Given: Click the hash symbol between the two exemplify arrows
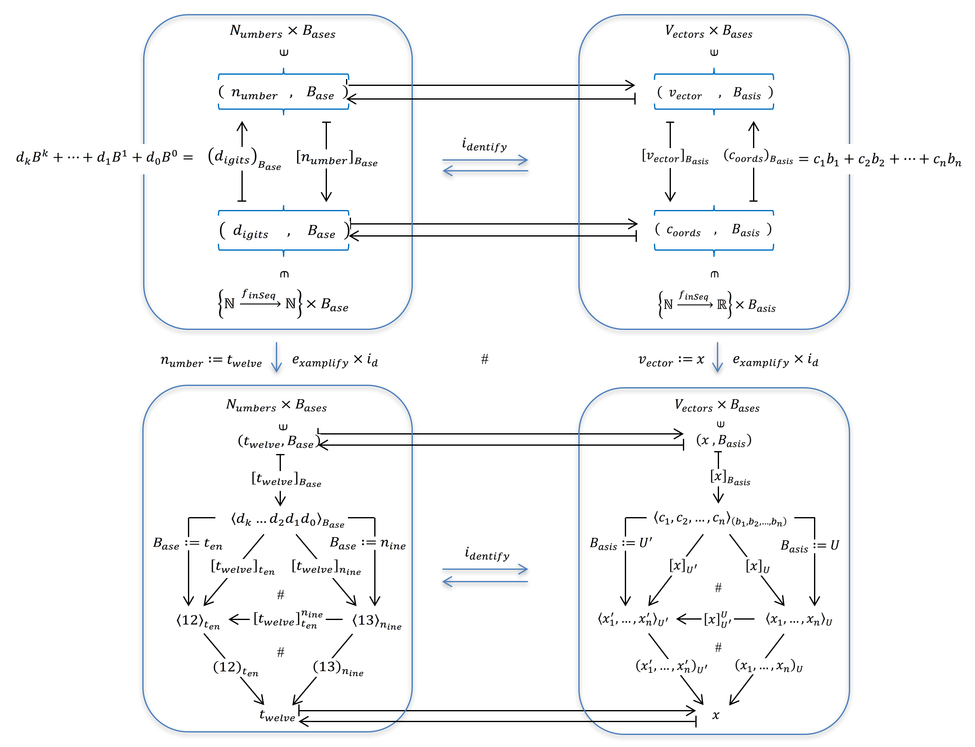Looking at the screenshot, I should point(485,359).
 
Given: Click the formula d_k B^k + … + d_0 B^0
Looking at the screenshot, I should point(104,157).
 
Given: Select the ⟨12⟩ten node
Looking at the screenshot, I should point(198,621).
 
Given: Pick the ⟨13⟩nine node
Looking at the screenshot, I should point(377,621).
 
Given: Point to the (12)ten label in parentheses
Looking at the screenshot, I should point(235,667).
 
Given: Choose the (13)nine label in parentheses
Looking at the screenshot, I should point(338,667).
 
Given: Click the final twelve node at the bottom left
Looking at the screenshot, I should point(277,715).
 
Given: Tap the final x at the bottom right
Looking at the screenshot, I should point(715,715).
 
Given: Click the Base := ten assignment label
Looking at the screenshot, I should point(187,544).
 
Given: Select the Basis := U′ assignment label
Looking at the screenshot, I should point(621,544).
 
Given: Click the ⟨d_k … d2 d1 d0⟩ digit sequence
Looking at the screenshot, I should point(287,520).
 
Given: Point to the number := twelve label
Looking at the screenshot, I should point(211,360).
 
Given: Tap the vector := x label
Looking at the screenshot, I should point(671,360).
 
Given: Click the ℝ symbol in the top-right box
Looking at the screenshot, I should point(721,305).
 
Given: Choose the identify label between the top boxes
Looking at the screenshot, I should point(484,145).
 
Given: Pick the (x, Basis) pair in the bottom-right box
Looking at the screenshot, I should point(723,441).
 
